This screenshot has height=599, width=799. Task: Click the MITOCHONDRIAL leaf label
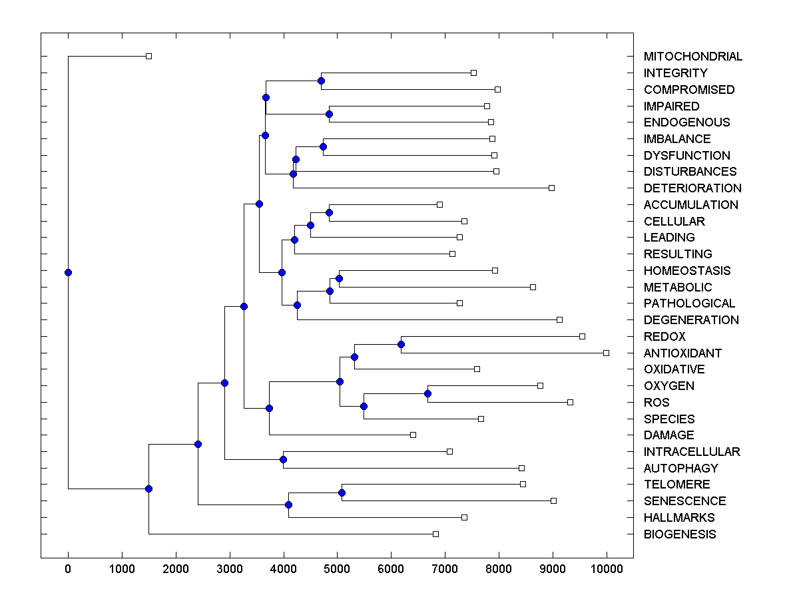[692, 57]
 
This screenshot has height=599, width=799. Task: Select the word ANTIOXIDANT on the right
[682, 353]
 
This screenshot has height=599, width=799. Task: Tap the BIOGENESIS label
[680, 534]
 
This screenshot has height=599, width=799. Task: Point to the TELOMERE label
[676, 485]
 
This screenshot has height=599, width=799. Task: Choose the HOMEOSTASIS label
[686, 271]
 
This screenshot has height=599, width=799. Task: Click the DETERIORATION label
[692, 188]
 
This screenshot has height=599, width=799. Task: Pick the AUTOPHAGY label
[680, 469]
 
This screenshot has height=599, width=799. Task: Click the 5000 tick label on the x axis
[337, 568]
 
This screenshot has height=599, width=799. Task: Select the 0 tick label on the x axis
[68, 568]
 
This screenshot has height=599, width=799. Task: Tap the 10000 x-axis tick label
[606, 568]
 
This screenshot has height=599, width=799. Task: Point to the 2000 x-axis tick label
[176, 568]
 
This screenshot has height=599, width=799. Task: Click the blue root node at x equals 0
[68, 272]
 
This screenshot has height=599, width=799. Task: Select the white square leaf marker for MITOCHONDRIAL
[148, 56]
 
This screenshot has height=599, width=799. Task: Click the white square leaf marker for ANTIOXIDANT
[606, 353]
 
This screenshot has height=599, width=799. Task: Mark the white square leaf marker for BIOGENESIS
[435, 534]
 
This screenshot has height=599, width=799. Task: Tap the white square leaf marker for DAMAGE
[413, 435]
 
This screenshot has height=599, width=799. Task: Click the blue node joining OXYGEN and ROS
[427, 393]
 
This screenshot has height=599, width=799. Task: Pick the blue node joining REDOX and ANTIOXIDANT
[401, 344]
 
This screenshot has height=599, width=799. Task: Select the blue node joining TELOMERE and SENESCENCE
[342, 493]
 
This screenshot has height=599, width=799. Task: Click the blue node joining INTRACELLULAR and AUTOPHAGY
[283, 459]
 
